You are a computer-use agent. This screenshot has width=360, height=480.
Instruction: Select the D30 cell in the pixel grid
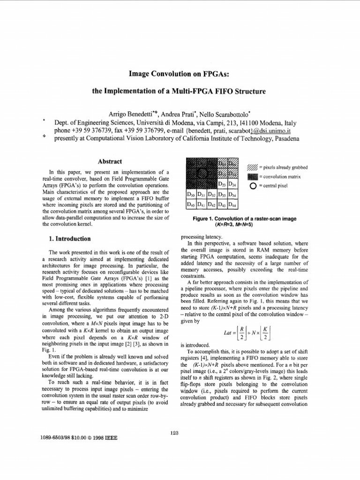[190, 195]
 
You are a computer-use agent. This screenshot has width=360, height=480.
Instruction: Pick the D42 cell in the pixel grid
[212, 205]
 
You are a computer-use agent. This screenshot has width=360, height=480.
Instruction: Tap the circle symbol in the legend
[253, 186]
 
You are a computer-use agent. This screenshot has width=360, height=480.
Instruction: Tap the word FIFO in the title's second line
[223, 91]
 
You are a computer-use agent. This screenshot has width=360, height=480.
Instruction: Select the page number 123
[175, 433]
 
